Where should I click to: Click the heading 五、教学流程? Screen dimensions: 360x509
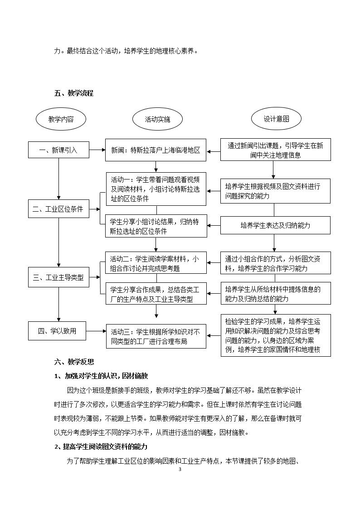click(x=74, y=93)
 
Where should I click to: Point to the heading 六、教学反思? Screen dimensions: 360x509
click(x=74, y=362)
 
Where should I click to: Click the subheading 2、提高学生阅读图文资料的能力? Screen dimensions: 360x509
click(x=101, y=446)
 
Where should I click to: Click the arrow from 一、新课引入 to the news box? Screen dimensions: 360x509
click(x=97, y=150)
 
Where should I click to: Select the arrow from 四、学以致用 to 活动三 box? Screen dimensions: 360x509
click(x=96, y=331)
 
